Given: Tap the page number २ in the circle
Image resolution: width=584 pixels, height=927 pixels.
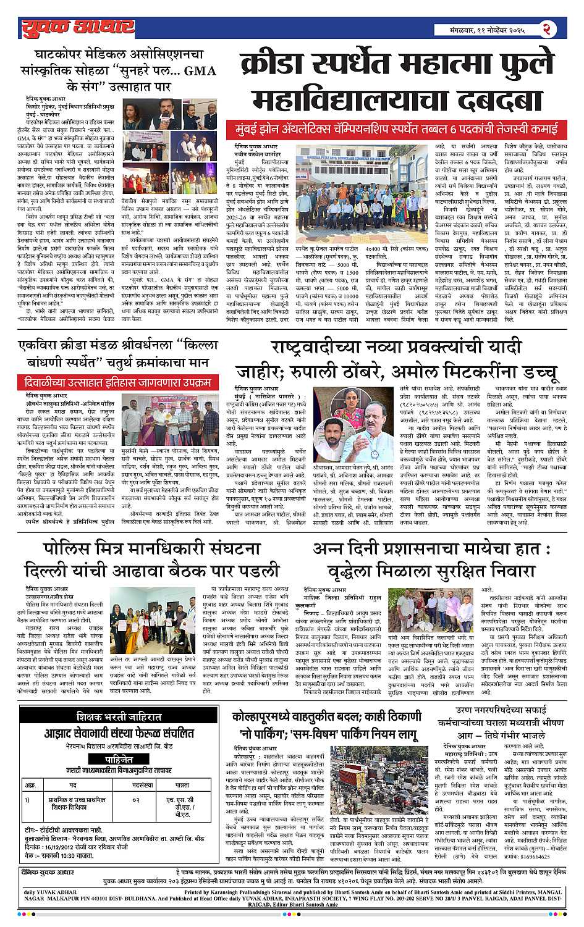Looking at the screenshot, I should point(546,28).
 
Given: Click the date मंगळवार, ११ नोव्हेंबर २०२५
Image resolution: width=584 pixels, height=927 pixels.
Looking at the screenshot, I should point(488,29).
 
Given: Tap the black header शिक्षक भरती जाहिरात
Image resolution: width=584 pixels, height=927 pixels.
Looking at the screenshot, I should point(119,717).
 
